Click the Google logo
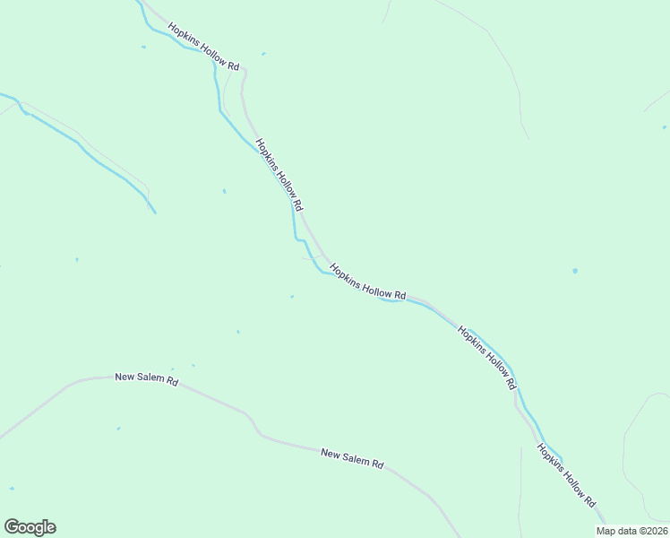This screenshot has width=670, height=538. click(x=30, y=527)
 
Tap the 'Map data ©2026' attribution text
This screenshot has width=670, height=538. click(x=631, y=531)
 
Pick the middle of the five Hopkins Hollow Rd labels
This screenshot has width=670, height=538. click(x=367, y=282)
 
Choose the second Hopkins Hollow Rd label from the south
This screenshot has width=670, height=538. click(x=487, y=356)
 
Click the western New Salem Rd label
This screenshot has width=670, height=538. click(x=147, y=379)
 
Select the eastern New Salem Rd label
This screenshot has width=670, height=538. click(x=352, y=458)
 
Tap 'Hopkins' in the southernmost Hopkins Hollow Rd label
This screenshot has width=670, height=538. click(x=549, y=457)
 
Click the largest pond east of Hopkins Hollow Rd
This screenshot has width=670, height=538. click(x=575, y=271)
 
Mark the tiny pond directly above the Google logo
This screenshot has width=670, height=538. click(x=12, y=489)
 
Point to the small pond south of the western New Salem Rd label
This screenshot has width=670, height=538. click(x=117, y=429)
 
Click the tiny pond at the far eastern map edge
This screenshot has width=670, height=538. click(x=664, y=127)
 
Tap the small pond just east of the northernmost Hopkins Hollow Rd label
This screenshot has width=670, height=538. click(x=263, y=54)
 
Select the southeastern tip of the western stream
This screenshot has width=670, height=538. click(x=155, y=213)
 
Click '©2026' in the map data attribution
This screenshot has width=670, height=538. click(x=651, y=531)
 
